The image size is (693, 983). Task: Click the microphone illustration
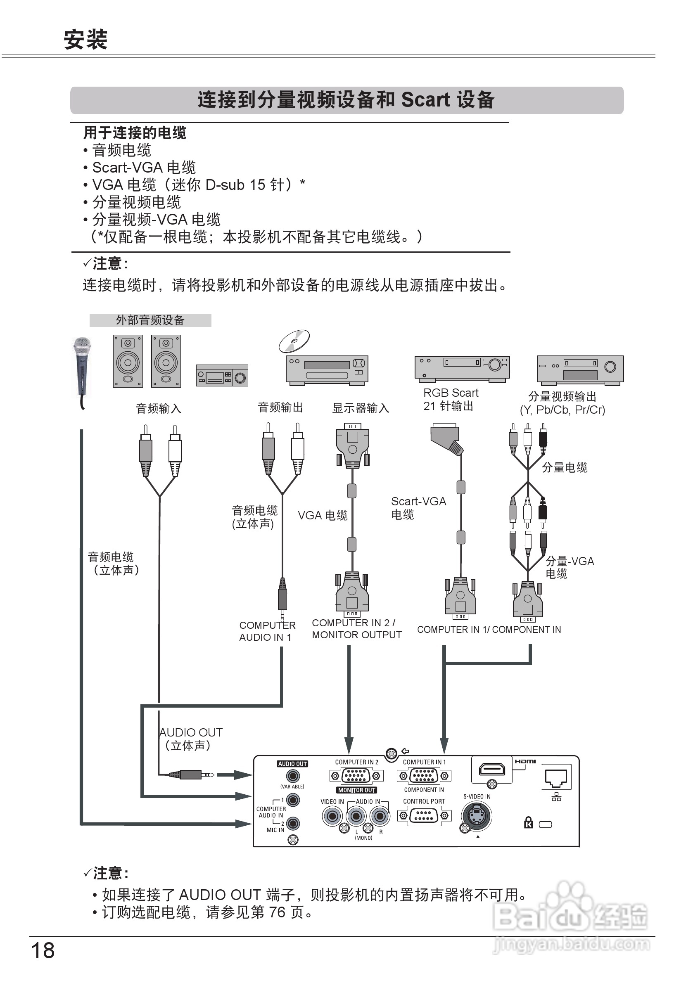click(82, 367)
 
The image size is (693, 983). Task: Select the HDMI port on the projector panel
click(492, 770)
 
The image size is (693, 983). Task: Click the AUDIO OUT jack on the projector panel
click(293, 776)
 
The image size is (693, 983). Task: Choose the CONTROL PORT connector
click(424, 816)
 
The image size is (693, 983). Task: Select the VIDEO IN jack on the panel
click(332, 817)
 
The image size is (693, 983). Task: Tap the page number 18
click(43, 950)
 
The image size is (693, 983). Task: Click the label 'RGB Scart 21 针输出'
click(450, 399)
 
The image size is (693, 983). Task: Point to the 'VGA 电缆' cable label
click(323, 516)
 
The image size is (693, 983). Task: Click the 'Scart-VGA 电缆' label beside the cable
click(418, 508)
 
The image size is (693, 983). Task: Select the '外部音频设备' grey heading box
click(150, 320)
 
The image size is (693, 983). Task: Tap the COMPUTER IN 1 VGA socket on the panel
click(424, 776)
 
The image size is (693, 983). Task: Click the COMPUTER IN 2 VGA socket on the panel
click(356, 776)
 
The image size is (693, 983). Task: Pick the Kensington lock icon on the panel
click(529, 822)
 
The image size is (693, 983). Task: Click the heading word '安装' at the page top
click(85, 40)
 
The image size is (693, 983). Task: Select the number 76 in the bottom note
click(277, 912)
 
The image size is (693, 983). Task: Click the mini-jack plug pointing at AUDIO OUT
click(191, 775)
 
